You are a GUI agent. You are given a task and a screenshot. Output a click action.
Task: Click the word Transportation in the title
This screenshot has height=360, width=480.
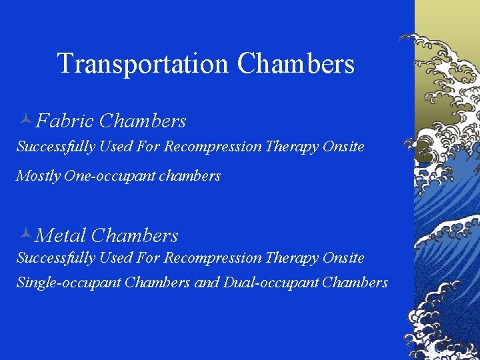143,64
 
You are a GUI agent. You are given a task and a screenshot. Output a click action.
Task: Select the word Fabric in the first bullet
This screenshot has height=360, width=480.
65,121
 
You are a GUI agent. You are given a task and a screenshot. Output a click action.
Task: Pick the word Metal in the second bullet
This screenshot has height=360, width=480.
61,235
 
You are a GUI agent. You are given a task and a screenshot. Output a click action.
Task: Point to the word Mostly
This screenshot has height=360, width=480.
38,176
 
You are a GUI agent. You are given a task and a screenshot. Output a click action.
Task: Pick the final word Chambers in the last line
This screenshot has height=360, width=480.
355,283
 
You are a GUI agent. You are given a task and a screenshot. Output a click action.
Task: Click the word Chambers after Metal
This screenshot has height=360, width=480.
135,235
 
